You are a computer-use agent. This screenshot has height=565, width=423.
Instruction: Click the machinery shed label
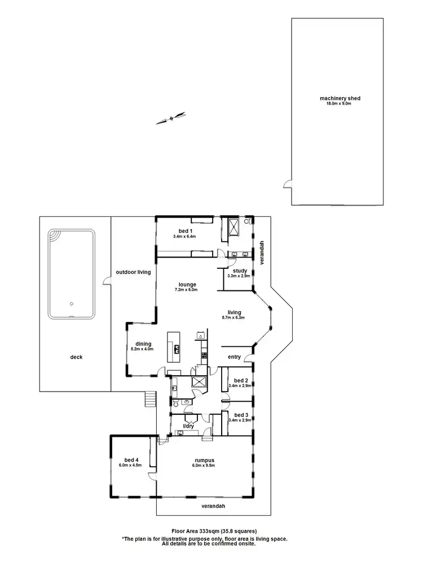[340, 98]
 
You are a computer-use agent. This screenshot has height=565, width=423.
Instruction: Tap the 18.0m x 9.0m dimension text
[340, 104]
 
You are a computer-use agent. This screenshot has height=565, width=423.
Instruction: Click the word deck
[76, 357]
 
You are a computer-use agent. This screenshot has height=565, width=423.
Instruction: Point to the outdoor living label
[133, 272]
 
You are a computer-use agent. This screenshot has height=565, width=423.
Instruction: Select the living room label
[234, 312]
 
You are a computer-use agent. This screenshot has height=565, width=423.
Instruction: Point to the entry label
[234, 357]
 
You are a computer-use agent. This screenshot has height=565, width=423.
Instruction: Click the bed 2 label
[240, 380]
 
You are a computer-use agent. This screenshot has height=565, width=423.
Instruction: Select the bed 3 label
[240, 415]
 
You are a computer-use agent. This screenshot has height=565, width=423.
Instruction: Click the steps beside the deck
[149, 399]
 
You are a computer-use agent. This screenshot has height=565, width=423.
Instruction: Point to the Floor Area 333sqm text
[214, 531]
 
